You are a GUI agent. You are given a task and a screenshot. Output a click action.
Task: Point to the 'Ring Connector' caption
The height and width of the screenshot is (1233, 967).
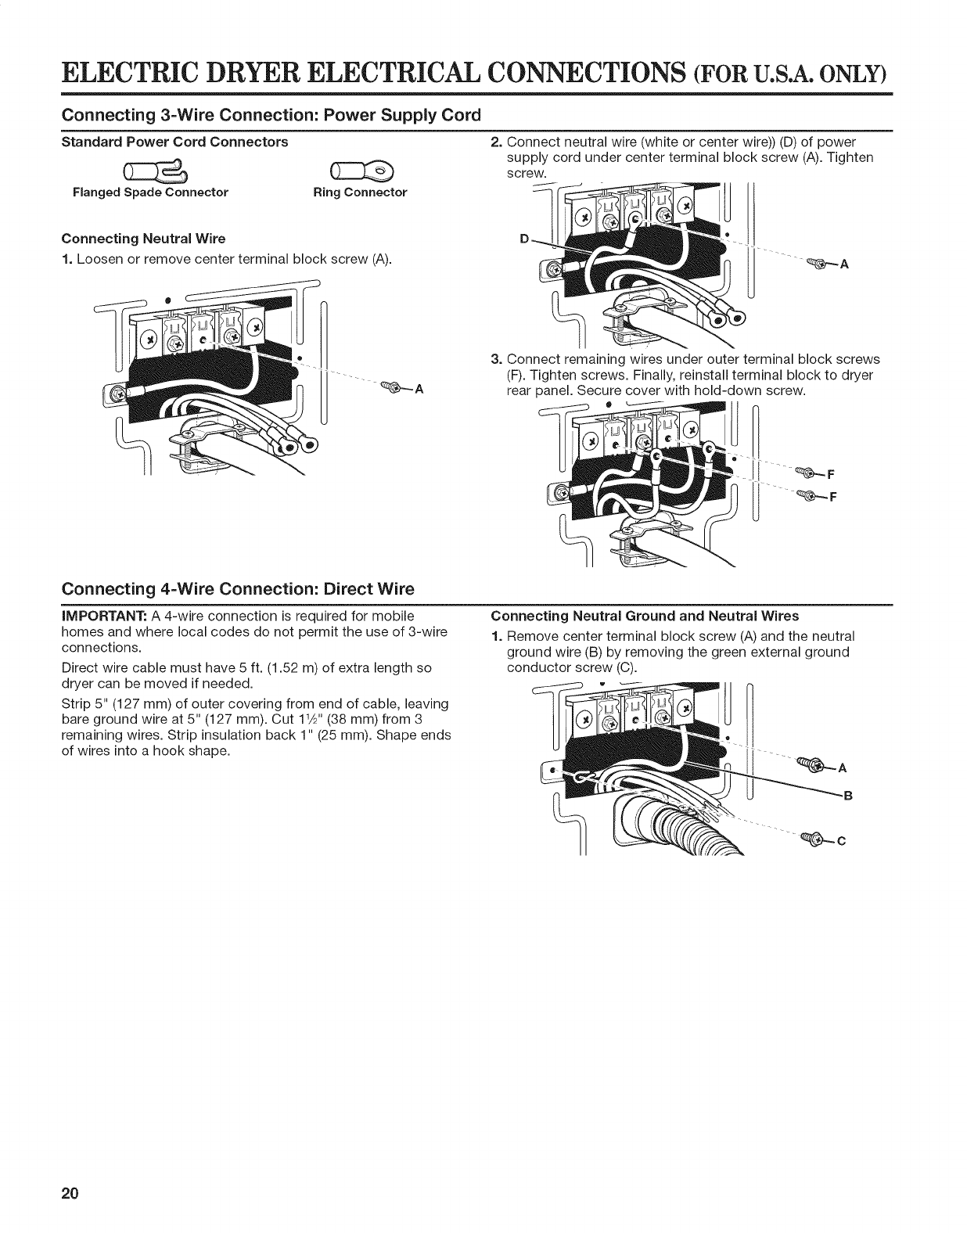(360, 192)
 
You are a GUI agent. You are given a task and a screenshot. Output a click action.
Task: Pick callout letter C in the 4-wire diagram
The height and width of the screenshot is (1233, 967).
(843, 842)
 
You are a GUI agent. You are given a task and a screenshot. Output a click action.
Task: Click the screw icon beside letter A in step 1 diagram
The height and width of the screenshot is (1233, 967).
(391, 386)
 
